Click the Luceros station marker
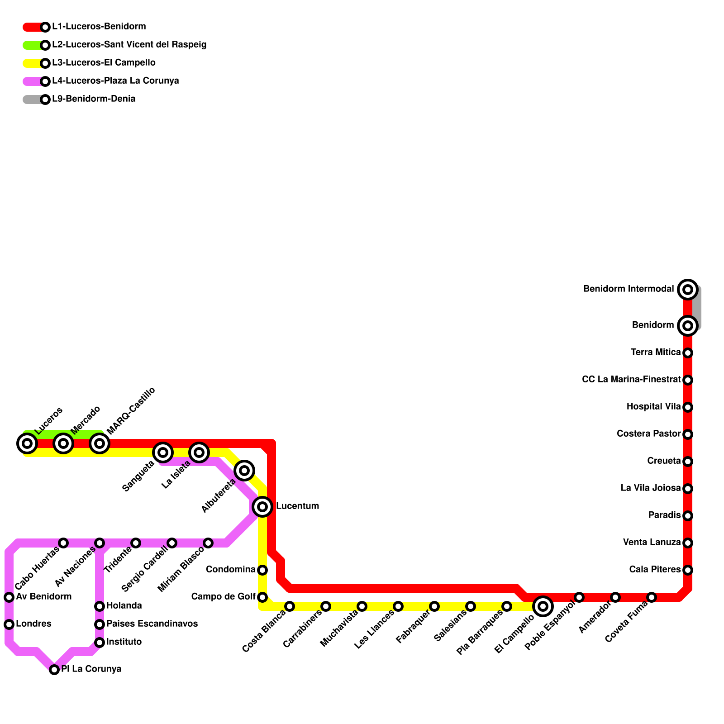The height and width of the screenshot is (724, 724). pos(27,443)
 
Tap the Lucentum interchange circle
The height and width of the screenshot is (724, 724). pos(262,506)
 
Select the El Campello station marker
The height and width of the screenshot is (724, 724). pos(543,606)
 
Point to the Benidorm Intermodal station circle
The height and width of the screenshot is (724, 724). pos(688,289)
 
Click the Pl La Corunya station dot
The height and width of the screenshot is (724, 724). pos(54,670)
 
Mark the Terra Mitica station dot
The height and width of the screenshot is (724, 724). pos(688,352)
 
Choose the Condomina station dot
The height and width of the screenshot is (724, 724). pos(262,570)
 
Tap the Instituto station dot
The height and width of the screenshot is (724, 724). pos(100,643)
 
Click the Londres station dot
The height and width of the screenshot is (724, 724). pos(9,624)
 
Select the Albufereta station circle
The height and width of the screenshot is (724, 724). pos(244,471)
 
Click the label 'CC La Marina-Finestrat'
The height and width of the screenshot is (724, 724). pos(631,380)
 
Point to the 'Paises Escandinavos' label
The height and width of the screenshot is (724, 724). pos(152,624)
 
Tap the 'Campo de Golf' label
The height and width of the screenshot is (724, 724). pos(223,597)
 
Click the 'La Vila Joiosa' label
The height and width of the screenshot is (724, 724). pos(650,488)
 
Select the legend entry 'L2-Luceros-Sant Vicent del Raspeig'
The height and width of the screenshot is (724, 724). pos(129,45)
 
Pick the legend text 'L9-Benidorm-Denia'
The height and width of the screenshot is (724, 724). pos(94,99)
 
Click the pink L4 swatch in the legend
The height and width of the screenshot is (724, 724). pos(33,81)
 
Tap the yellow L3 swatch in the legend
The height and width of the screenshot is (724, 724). pos(33,63)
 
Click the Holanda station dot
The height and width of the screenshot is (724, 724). pos(100,606)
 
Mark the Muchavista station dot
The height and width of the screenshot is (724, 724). pos(362,606)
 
